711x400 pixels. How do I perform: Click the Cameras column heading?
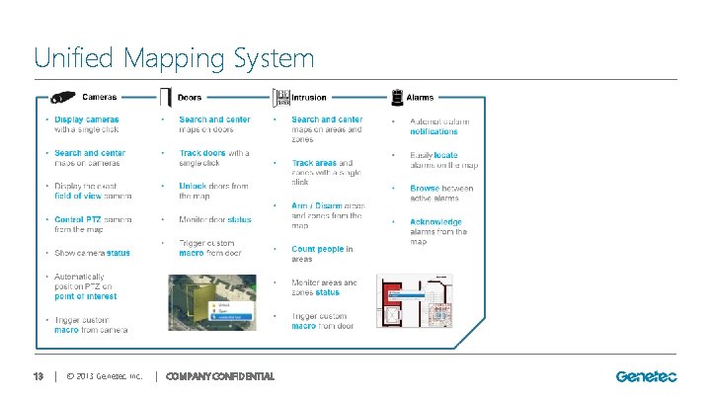point(100,98)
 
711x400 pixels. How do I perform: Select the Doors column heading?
point(189,98)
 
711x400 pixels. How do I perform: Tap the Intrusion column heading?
point(310,98)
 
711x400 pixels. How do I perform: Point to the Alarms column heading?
point(421,98)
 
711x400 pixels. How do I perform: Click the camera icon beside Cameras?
point(62,97)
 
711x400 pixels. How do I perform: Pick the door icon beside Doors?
point(165,98)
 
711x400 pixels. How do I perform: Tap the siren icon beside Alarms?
point(396,97)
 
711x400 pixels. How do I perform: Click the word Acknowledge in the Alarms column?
point(435,222)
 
